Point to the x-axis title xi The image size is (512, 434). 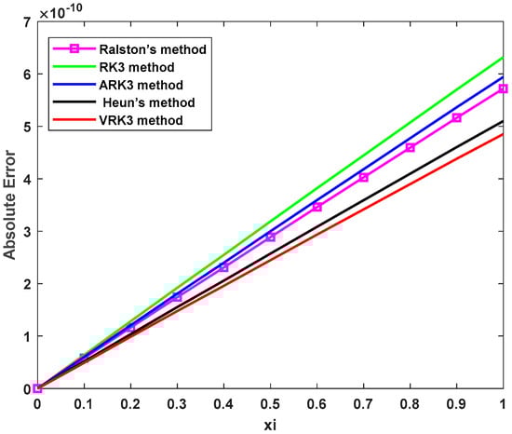(x=269, y=425)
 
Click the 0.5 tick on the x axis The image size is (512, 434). (x=269, y=405)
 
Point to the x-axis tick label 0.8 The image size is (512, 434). (x=409, y=405)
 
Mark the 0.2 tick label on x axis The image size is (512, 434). (x=129, y=405)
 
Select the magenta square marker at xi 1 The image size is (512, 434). (x=503, y=88)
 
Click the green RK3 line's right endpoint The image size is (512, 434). (x=503, y=58)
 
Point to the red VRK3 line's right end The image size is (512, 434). (x=503, y=133)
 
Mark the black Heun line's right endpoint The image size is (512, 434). (x=503, y=121)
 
